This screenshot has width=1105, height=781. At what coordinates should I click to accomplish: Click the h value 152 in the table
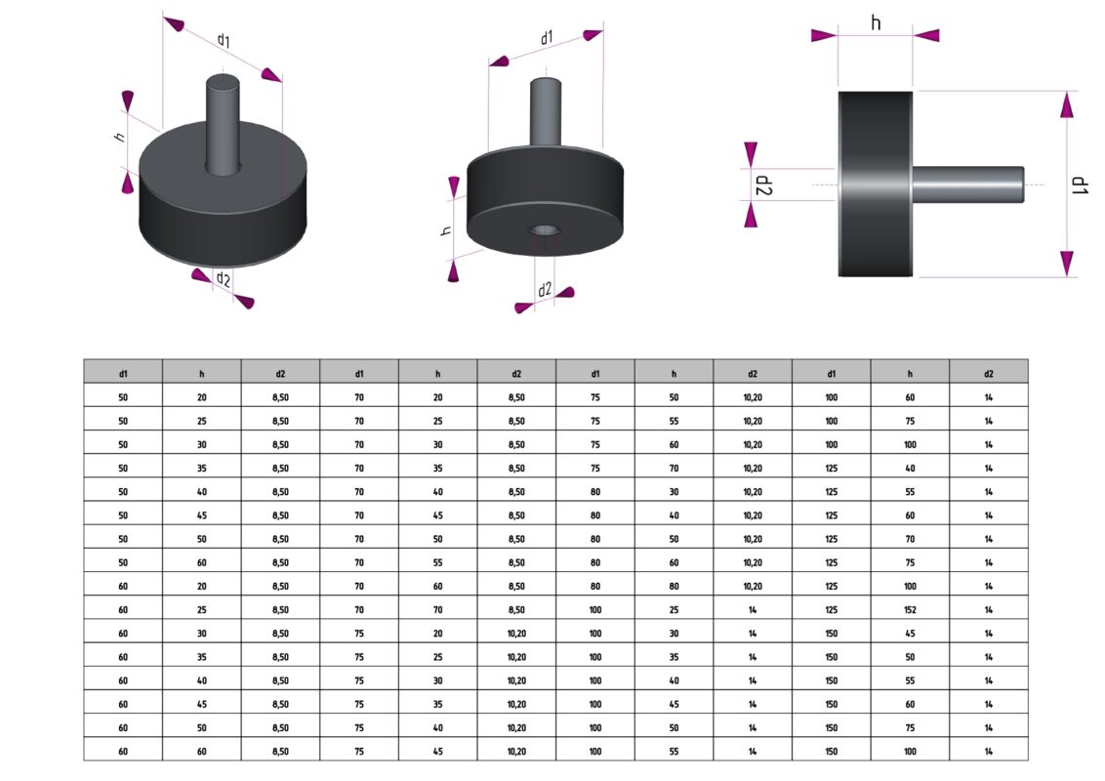pos(910,610)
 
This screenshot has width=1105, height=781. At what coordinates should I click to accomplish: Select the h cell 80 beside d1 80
pos(674,587)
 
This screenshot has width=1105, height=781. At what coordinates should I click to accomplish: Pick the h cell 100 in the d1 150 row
pos(910,752)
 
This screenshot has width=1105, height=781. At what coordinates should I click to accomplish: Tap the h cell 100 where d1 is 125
pos(910,587)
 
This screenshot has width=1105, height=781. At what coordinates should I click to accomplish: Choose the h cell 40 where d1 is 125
pos(910,468)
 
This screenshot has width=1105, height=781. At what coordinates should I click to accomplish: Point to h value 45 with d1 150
pos(910,634)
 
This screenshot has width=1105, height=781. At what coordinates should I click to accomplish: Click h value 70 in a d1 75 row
pos(674,468)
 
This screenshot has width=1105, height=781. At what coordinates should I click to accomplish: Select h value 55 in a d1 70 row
pos(437,562)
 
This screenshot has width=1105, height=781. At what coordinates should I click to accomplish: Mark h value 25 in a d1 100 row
pos(674,610)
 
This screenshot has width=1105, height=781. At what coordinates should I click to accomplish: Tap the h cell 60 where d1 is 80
pos(674,562)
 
